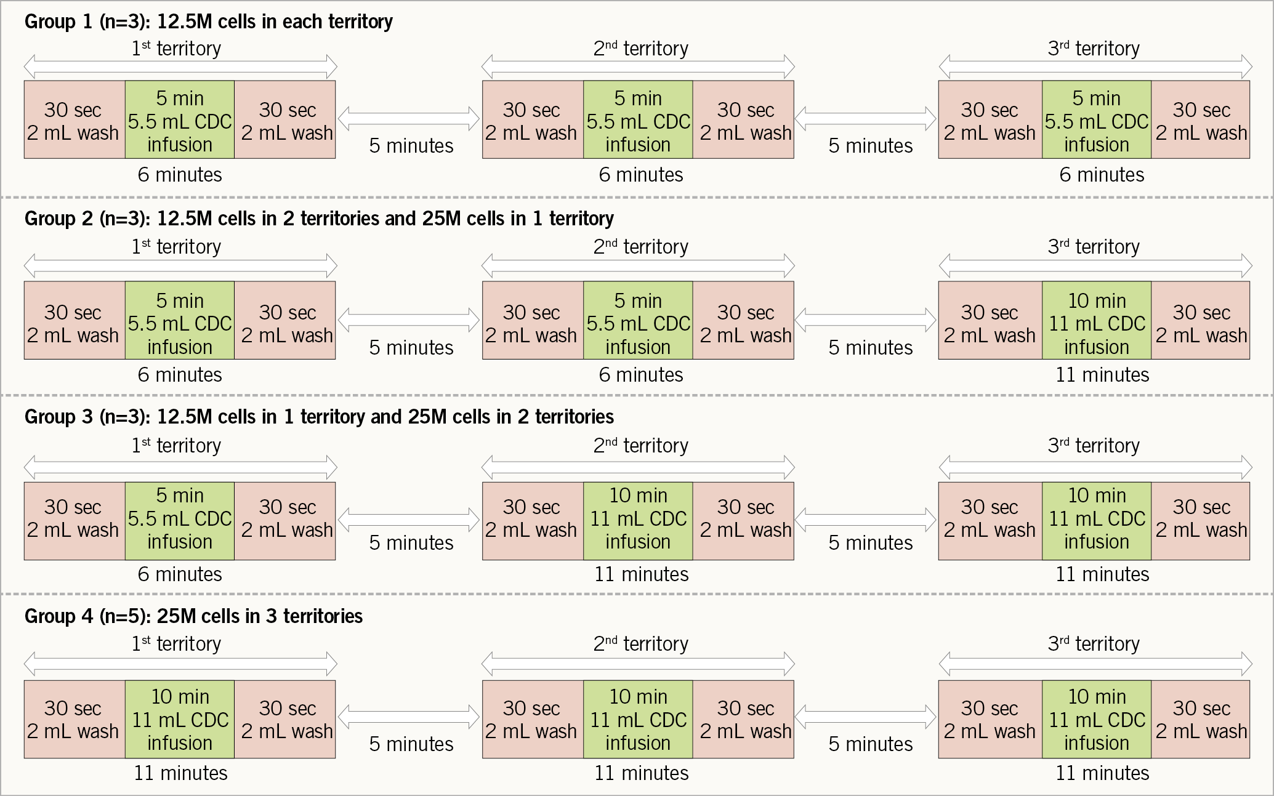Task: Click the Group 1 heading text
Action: [208, 22]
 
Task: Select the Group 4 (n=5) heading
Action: [193, 616]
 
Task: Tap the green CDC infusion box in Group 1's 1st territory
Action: [180, 120]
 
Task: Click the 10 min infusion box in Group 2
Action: [1097, 321]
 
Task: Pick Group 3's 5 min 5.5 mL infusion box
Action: [180, 521]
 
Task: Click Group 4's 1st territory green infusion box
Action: [180, 719]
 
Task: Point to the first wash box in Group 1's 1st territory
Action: [74, 120]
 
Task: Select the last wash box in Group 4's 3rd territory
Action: [1201, 719]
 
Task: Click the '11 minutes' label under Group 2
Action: [1102, 375]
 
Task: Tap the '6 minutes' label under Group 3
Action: [180, 574]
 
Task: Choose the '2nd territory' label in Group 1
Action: [640, 49]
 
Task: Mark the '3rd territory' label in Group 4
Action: [1094, 644]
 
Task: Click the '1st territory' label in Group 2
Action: [176, 247]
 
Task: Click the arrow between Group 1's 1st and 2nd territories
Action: [409, 119]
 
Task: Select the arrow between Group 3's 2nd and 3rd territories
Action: [866, 520]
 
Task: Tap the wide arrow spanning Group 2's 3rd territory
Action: [1095, 266]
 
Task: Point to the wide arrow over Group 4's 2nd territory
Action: [638, 664]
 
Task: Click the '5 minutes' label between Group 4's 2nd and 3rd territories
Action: [871, 744]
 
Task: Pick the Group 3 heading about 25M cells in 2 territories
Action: [319, 417]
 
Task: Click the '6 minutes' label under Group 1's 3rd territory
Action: [1102, 175]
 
